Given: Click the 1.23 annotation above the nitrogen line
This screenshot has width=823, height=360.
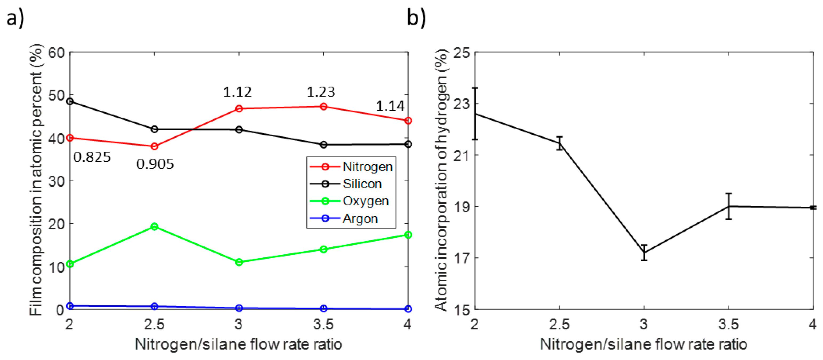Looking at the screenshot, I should tap(320, 92).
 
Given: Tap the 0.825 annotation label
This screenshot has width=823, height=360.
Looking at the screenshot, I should tap(92, 157).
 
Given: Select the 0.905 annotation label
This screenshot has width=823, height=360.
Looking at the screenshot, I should tap(155, 164).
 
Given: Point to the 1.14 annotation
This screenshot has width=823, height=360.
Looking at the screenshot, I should tap(390, 106).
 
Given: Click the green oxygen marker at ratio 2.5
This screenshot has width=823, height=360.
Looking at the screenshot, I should tap(154, 227).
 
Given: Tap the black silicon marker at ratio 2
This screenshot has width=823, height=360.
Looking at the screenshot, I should tap(70, 102).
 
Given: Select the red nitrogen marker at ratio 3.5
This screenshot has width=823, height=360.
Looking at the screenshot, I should tap(323, 106).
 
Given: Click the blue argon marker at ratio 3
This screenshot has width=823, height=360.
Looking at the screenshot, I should tap(239, 308).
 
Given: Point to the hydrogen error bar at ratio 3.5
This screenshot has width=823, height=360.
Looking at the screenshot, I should tap(729, 206).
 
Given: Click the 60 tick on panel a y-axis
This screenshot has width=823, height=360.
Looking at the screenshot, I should tap(56, 53).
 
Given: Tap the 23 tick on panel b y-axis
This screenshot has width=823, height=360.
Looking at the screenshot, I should tap(462, 104).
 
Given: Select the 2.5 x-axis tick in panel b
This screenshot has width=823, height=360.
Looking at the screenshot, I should tap(559, 324).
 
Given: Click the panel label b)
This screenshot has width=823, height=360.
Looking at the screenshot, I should tap(416, 18).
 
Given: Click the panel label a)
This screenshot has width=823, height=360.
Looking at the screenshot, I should tap(15, 18).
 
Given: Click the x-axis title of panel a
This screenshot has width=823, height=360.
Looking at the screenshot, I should tap(238, 344).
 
